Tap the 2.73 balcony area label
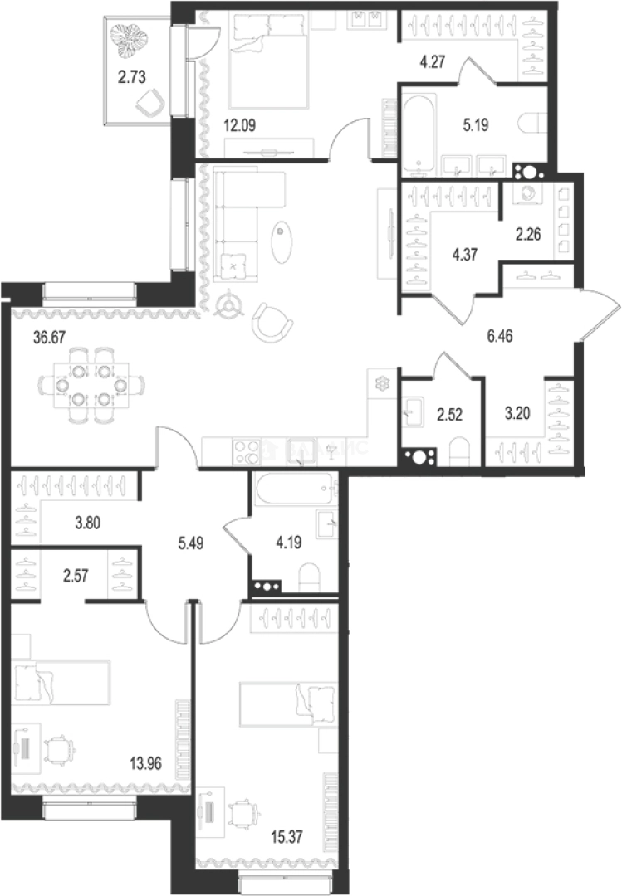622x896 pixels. click(x=131, y=79)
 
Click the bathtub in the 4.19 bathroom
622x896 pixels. click(x=295, y=489)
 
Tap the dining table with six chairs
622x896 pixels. click(x=91, y=385)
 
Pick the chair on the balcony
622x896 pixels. click(x=149, y=105)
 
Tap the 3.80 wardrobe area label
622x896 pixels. click(x=88, y=523)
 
